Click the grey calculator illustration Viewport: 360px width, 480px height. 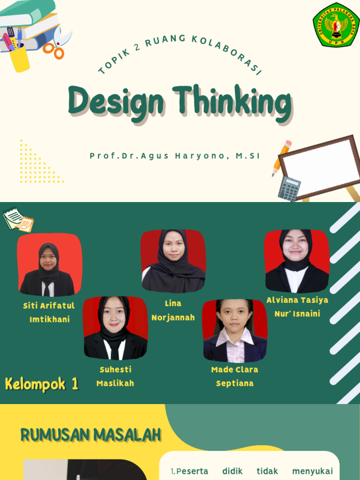coord(289,188)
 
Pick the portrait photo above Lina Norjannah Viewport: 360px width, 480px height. coord(173,261)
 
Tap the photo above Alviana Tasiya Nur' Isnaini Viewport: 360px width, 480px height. coord(296,261)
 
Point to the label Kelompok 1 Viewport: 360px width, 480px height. coord(42,384)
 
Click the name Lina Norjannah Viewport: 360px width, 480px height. coord(173,310)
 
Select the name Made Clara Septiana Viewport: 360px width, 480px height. coord(234,376)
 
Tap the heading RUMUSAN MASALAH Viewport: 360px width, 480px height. coord(90,435)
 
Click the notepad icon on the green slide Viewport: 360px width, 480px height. coord(18,219)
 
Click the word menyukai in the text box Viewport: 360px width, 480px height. coord(312,471)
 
